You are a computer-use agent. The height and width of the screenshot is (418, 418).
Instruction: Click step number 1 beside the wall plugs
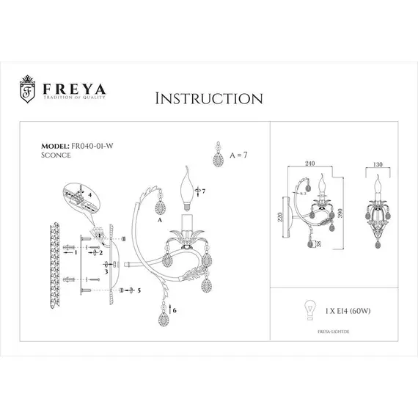click(x=76, y=252)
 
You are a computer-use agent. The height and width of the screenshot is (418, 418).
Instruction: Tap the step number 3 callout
click(x=107, y=271)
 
